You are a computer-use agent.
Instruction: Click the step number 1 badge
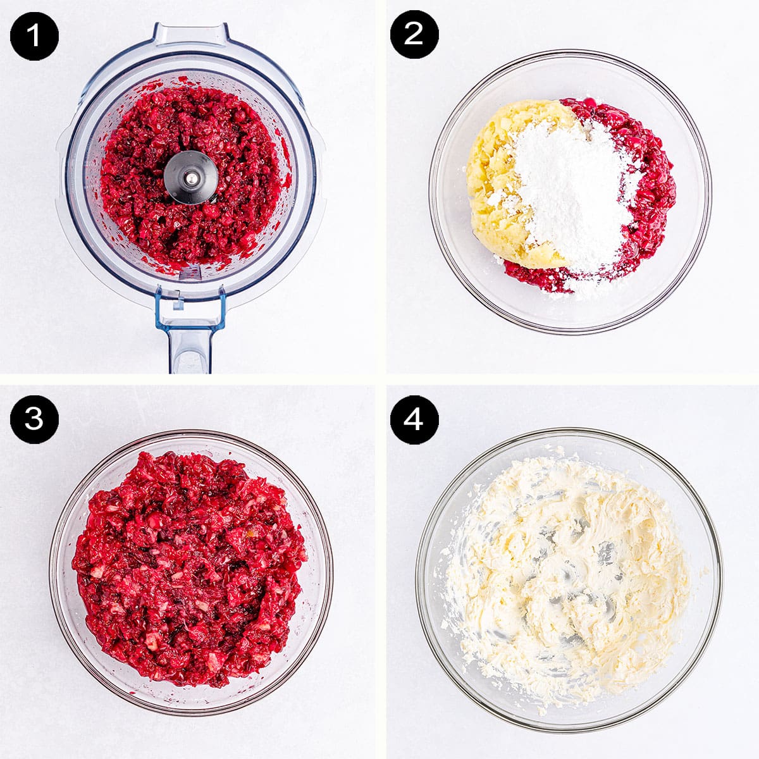coord(34,36)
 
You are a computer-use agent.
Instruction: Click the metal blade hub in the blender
coord(190,178)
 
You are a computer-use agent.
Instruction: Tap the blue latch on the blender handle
coord(190,310)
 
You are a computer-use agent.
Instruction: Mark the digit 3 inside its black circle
coord(34,419)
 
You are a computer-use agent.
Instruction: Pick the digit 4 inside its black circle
coord(414,419)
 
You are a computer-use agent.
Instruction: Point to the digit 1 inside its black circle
coord(34,36)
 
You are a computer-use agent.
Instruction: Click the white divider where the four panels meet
coord(380,379)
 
